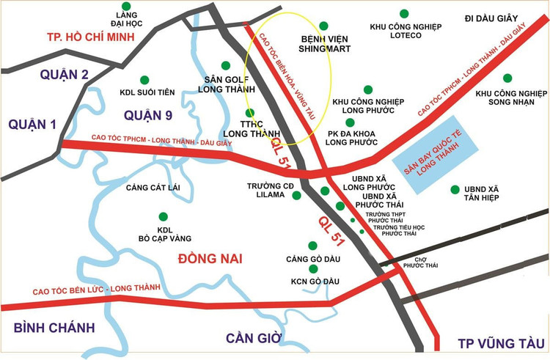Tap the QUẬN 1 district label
(32, 125)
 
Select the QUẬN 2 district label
(65, 74)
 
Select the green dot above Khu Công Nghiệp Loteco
(404, 13)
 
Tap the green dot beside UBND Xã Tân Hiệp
(455, 189)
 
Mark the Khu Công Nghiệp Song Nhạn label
(511, 98)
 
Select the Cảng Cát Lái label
(153, 188)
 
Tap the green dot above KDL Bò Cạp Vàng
(163, 216)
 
